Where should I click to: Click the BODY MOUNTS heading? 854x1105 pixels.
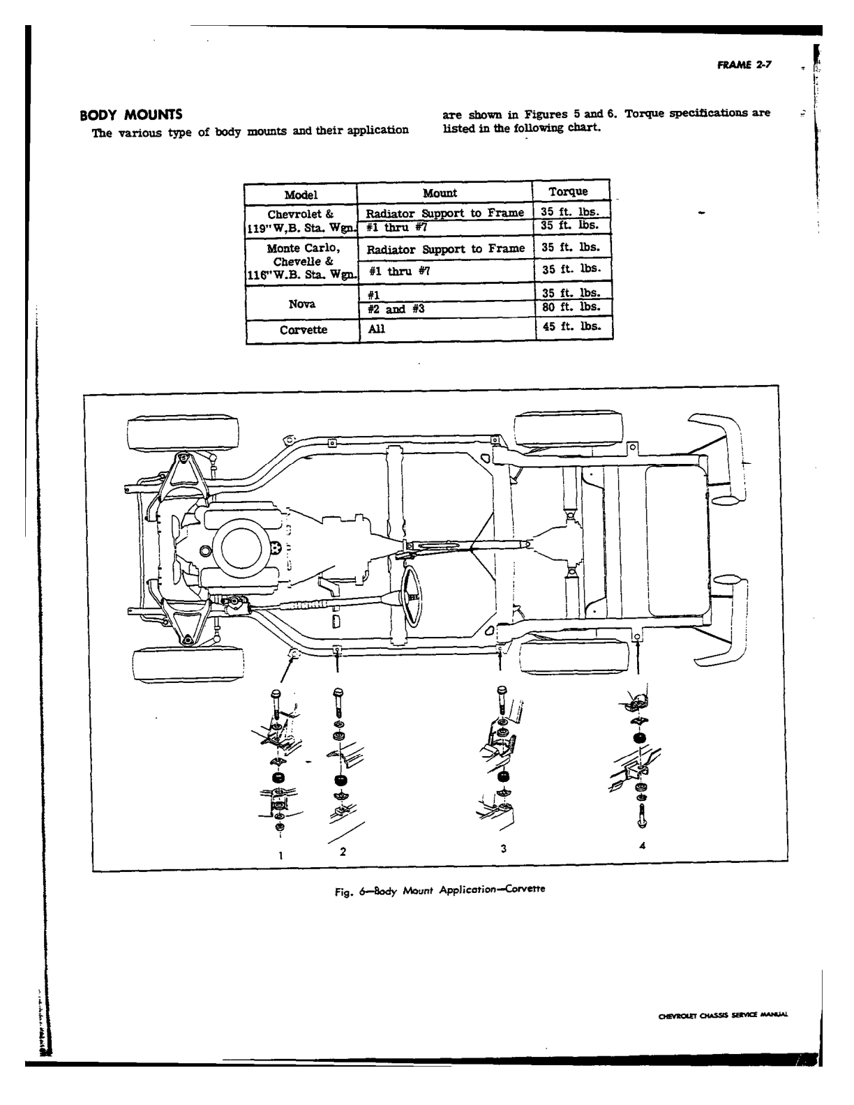pos(130,114)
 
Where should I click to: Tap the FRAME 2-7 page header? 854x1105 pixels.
pos(744,65)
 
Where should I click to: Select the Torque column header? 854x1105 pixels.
pos(568,192)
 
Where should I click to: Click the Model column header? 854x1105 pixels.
pos(301,195)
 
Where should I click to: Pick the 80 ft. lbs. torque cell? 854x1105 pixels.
pos(571,307)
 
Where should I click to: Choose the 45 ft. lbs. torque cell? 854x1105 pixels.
pos(571,326)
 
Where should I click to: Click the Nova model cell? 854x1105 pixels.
pos(302,304)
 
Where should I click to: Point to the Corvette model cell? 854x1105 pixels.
pos(303,330)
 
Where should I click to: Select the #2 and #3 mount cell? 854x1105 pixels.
pos(396,309)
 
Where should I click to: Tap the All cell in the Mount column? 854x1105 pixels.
pos(376,329)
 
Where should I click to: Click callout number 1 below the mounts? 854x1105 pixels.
pos(280,855)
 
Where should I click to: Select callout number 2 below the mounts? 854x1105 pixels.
pos(343,851)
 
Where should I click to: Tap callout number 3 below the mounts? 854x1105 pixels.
pos(503,848)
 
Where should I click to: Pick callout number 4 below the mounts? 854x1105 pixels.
pos(643,845)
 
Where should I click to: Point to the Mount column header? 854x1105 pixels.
pos(440,193)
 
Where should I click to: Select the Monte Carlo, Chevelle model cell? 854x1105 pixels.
pos(303,262)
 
